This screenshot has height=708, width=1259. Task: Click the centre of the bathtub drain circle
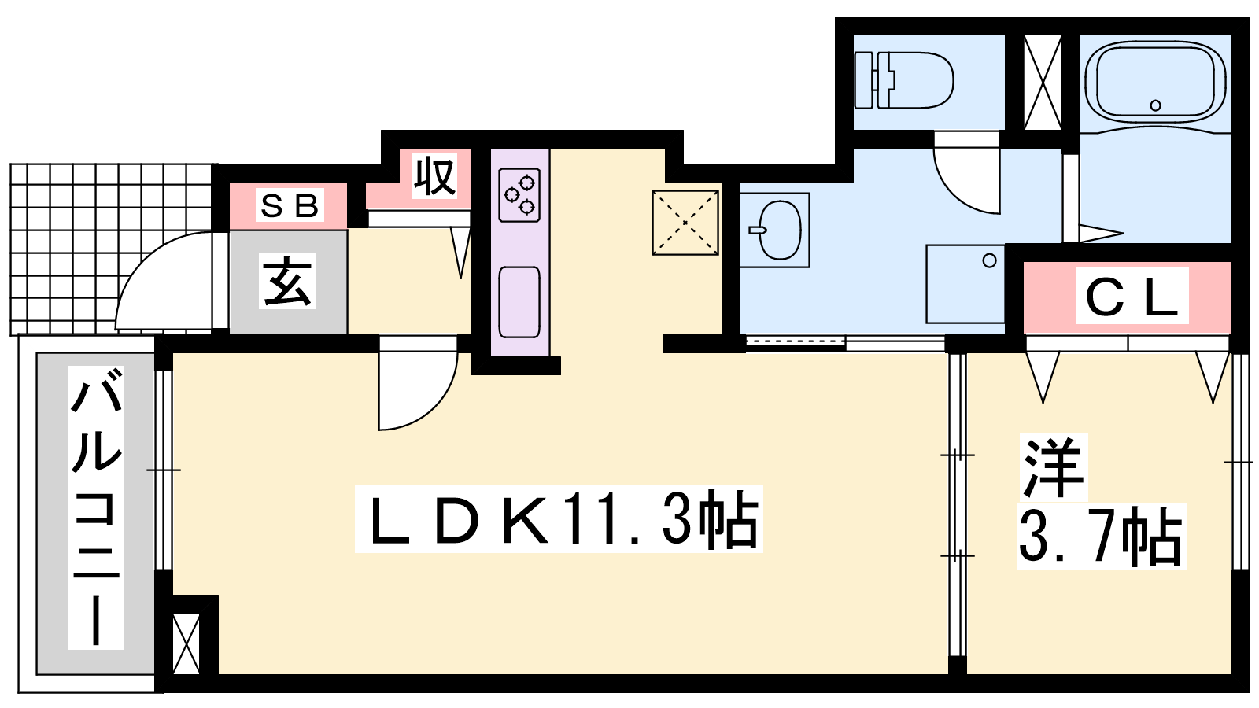1156,105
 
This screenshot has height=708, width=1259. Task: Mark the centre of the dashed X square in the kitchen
685,223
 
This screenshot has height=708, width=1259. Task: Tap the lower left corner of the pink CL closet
1024,334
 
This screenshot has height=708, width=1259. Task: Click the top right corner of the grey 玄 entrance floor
347,230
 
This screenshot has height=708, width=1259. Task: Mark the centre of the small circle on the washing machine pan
989,260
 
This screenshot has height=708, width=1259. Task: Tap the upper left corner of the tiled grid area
10,164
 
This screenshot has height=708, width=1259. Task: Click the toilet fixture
903,80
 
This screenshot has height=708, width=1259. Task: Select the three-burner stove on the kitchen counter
519,194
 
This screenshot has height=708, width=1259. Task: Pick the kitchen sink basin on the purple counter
519,302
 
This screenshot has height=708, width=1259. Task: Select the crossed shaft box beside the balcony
186,644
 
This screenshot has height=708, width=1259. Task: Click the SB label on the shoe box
290,205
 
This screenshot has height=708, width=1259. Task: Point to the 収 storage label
434,176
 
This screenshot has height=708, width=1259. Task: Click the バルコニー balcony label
96,507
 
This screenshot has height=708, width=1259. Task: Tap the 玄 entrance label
287,280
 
